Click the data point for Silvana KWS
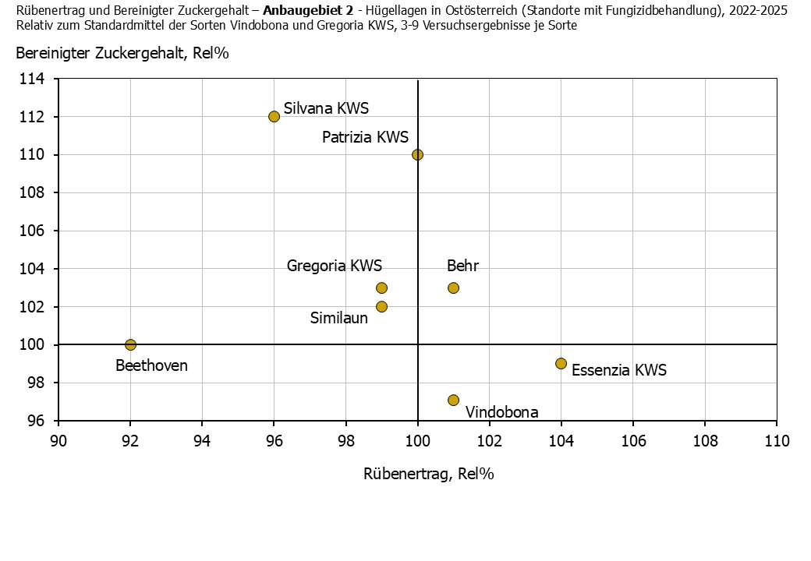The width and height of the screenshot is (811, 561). (274, 116)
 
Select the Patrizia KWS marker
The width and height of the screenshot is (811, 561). (417, 154)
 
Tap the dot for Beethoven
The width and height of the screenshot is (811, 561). (130, 344)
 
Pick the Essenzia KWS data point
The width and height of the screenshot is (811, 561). (561, 363)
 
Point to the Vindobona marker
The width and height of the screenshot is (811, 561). (453, 400)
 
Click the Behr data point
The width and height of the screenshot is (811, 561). (453, 288)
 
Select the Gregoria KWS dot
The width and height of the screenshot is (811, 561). (381, 288)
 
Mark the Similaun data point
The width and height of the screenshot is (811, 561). (381, 306)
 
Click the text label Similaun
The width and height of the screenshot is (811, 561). (338, 318)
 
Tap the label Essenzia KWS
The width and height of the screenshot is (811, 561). (619, 370)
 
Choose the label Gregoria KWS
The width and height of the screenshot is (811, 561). (335, 266)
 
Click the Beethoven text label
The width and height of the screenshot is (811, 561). (151, 365)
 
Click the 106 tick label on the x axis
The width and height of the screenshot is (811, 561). (632, 442)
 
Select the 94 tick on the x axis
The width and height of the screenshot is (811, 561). (202, 442)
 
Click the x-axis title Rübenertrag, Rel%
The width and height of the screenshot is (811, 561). (429, 473)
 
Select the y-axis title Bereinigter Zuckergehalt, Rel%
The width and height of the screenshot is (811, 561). (122, 53)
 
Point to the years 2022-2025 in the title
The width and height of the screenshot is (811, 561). (757, 11)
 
